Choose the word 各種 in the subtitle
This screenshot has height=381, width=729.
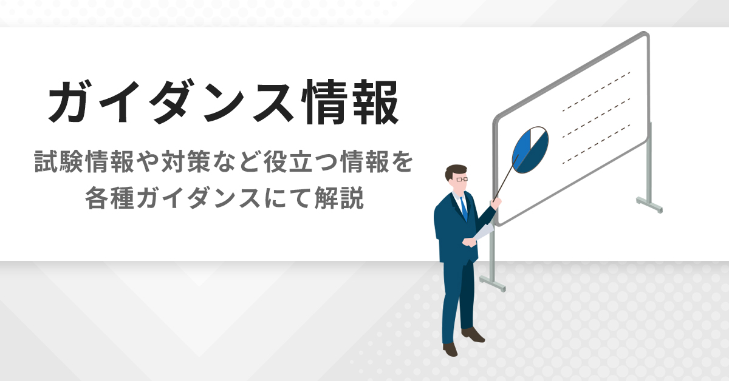coord(106,198)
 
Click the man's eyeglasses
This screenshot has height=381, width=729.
coord(461,180)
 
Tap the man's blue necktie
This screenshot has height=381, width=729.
coord(464,208)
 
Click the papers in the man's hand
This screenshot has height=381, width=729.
coord(483,232)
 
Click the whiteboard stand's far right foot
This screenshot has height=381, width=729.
coord(650,204)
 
